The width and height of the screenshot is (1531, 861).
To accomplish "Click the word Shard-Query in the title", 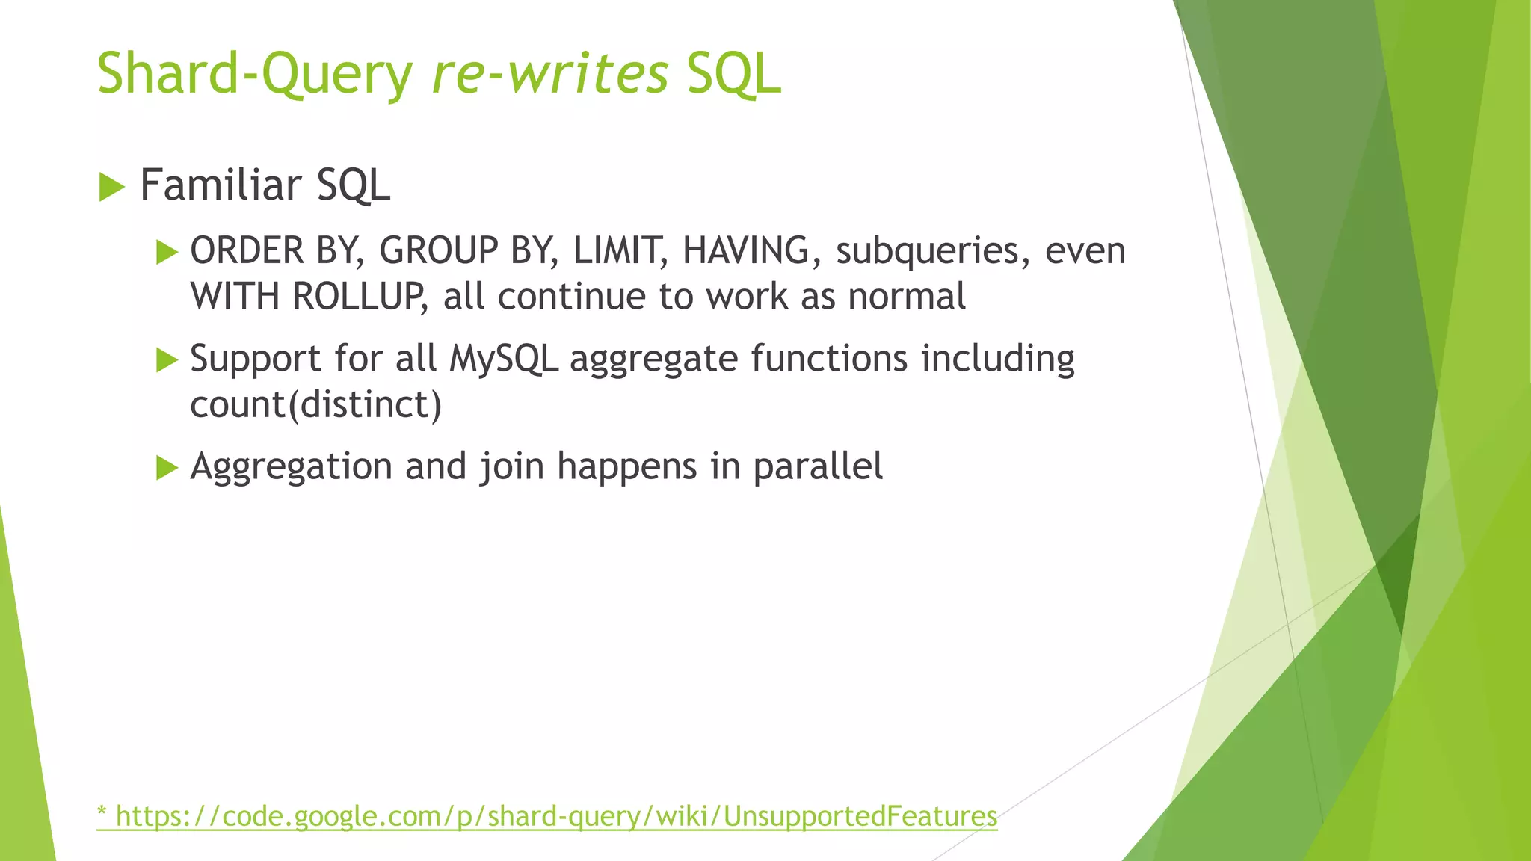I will (254, 75).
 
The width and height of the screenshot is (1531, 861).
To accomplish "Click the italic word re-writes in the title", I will (549, 75).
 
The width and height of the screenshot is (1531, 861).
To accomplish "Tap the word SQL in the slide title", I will (733, 75).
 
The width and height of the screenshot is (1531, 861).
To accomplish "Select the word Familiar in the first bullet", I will (220, 185).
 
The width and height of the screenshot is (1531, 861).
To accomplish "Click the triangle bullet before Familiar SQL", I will (111, 187).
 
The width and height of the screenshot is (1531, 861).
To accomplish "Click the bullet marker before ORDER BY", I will (167, 252).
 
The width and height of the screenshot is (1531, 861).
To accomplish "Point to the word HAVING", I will (745, 250).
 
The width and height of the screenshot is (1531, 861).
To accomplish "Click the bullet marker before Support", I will (167, 360).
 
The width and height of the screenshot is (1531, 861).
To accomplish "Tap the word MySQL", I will (503, 359).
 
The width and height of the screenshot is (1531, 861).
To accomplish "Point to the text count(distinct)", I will (315, 405).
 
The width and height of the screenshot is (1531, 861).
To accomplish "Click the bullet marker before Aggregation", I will (167, 469).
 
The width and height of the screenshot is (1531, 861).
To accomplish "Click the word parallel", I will (817, 467).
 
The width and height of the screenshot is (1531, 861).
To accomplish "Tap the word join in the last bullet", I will (511, 467).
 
